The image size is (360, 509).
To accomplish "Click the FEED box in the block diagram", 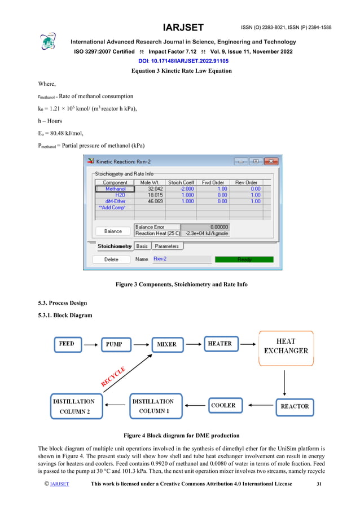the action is (67, 344).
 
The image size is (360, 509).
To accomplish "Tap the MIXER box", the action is (168, 344).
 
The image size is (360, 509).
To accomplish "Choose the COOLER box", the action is (223, 406).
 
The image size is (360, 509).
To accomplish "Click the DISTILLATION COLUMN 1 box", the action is (153, 406).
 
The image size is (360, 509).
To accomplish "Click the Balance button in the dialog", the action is (113, 231).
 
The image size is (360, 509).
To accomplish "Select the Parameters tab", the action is (167, 246).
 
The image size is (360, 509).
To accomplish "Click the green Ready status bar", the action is (244, 260).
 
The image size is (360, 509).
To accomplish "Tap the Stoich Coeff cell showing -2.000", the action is (181, 189).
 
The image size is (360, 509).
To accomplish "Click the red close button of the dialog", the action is (271, 161).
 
